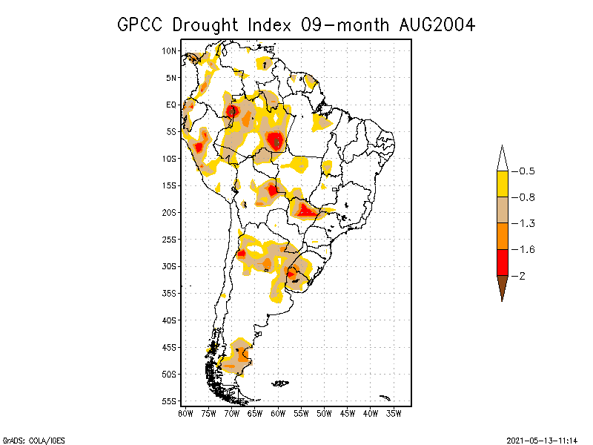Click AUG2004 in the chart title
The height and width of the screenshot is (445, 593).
(433, 24)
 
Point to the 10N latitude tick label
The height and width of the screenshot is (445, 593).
(169, 50)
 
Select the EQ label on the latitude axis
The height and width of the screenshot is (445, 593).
(171, 105)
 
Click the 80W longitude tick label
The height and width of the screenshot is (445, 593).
(185, 413)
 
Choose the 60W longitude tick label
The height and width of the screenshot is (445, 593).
(278, 413)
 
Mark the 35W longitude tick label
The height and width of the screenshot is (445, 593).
(394, 413)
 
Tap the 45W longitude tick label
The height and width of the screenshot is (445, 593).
(348, 413)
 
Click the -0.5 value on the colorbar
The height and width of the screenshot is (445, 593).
(522, 171)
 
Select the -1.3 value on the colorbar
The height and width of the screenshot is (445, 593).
(522, 223)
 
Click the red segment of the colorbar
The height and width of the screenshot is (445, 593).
(502, 263)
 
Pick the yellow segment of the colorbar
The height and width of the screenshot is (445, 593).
(502, 184)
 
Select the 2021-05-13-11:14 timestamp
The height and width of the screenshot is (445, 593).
(543, 439)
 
